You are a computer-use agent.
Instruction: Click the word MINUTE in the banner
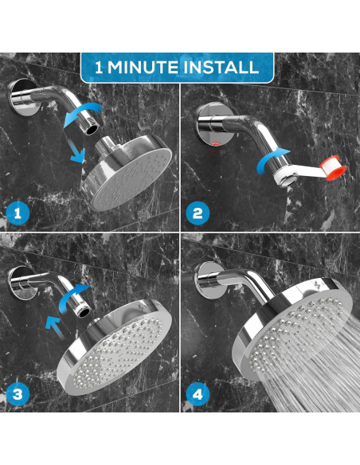[x=143, y=68]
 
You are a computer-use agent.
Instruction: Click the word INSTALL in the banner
[x=221, y=68]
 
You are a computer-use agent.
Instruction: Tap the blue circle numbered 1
[x=18, y=213]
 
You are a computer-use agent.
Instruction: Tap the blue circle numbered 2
[x=198, y=213]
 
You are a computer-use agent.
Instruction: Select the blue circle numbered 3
[x=18, y=394]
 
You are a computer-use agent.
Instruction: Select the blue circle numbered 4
[x=198, y=394]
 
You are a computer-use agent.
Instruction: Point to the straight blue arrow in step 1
[x=77, y=151]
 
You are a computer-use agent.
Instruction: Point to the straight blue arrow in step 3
[x=55, y=327]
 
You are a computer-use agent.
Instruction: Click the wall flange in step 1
[x=22, y=96]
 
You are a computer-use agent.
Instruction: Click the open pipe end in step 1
[x=92, y=128]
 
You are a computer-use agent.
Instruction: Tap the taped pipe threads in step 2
[x=284, y=177]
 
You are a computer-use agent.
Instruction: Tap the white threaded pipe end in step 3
[x=83, y=311]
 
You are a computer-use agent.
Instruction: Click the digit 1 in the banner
[x=99, y=68]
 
